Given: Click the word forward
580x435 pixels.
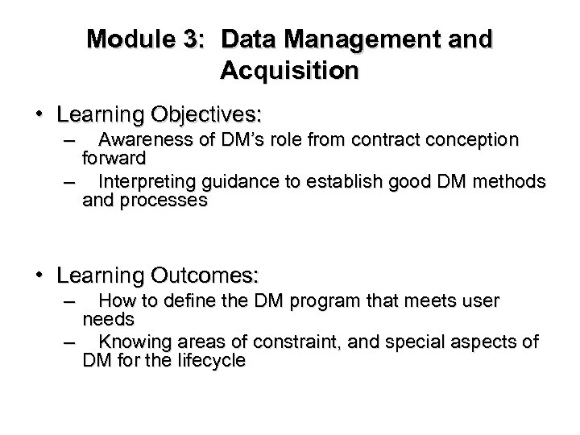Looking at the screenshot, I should tap(114, 157).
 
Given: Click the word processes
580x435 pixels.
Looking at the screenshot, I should tap(164, 199).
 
